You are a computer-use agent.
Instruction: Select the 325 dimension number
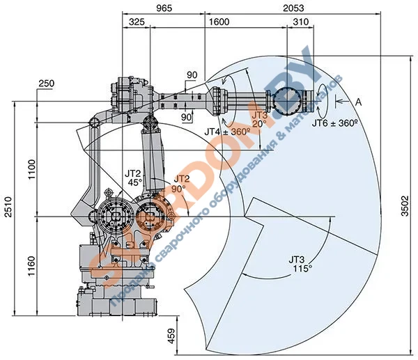tap(137, 22)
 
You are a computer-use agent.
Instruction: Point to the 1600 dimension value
tap(218, 22)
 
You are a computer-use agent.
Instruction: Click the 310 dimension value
tap(300, 22)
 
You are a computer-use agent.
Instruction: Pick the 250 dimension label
tap(47, 84)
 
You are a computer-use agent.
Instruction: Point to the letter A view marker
tap(359, 102)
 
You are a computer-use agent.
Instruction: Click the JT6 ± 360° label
tap(334, 123)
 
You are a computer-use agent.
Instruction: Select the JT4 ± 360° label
tap(228, 130)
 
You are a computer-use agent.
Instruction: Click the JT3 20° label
tap(259, 119)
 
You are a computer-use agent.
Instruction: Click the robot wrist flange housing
tap(288, 102)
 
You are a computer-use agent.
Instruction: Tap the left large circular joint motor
tap(115, 216)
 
